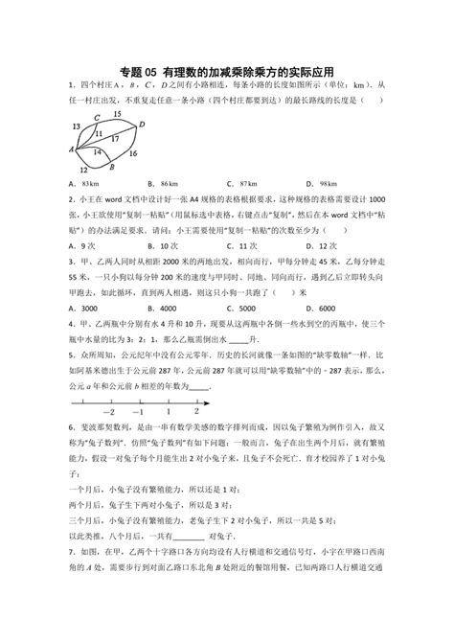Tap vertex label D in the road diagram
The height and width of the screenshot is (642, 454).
pos(142,124)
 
